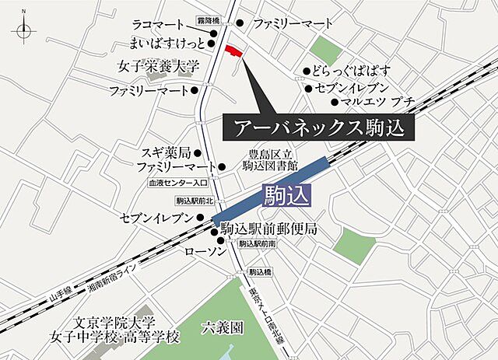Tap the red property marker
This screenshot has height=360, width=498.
tap(233, 51)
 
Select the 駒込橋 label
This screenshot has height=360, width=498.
tap(259, 272)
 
